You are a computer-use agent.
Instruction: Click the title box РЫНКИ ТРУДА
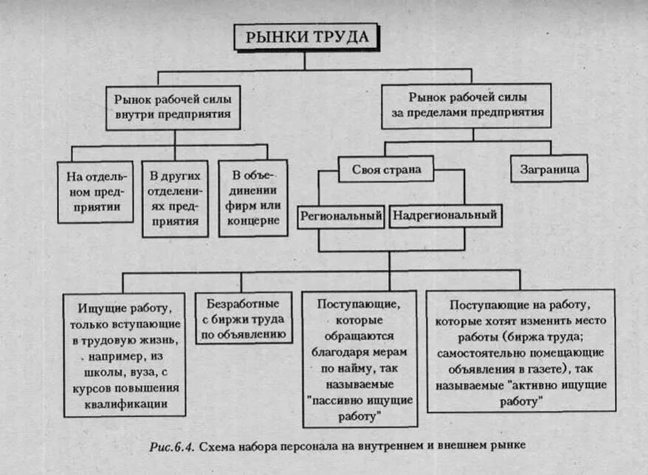pyautogui.click(x=306, y=37)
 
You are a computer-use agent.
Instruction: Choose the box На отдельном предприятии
pyautogui.click(x=96, y=191)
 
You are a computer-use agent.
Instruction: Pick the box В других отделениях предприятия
pyautogui.click(x=175, y=198)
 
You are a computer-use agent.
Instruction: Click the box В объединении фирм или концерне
pyautogui.click(x=253, y=198)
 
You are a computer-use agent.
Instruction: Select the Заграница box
pyautogui.click(x=549, y=168)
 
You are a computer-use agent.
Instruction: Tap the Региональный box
pyautogui.click(x=341, y=216)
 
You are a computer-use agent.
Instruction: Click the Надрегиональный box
pyautogui.click(x=445, y=216)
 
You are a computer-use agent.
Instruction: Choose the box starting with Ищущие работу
pyautogui.click(x=124, y=353)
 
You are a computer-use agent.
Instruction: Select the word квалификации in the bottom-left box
pyautogui.click(x=125, y=403)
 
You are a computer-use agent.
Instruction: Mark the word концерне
pyautogui.click(x=253, y=221)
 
